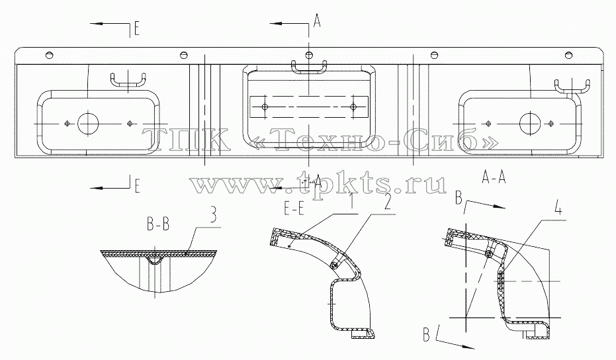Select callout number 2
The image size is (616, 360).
pos(388,202)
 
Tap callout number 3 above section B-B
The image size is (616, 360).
pos(212,216)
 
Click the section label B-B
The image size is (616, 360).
pos(158,224)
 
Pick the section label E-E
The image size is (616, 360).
pos(294,210)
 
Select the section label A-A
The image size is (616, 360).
pos(494,178)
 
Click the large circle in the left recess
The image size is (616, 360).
pos(89,123)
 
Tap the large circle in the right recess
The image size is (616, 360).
pos(531,123)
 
